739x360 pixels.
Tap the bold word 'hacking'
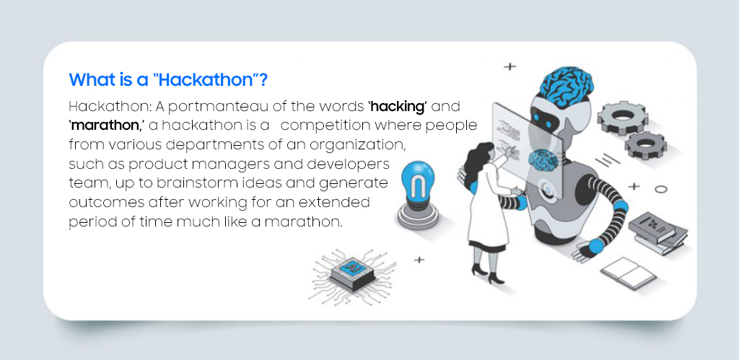[398, 107]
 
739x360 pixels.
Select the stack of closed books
[657, 231]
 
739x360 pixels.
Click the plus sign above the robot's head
[510, 66]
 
